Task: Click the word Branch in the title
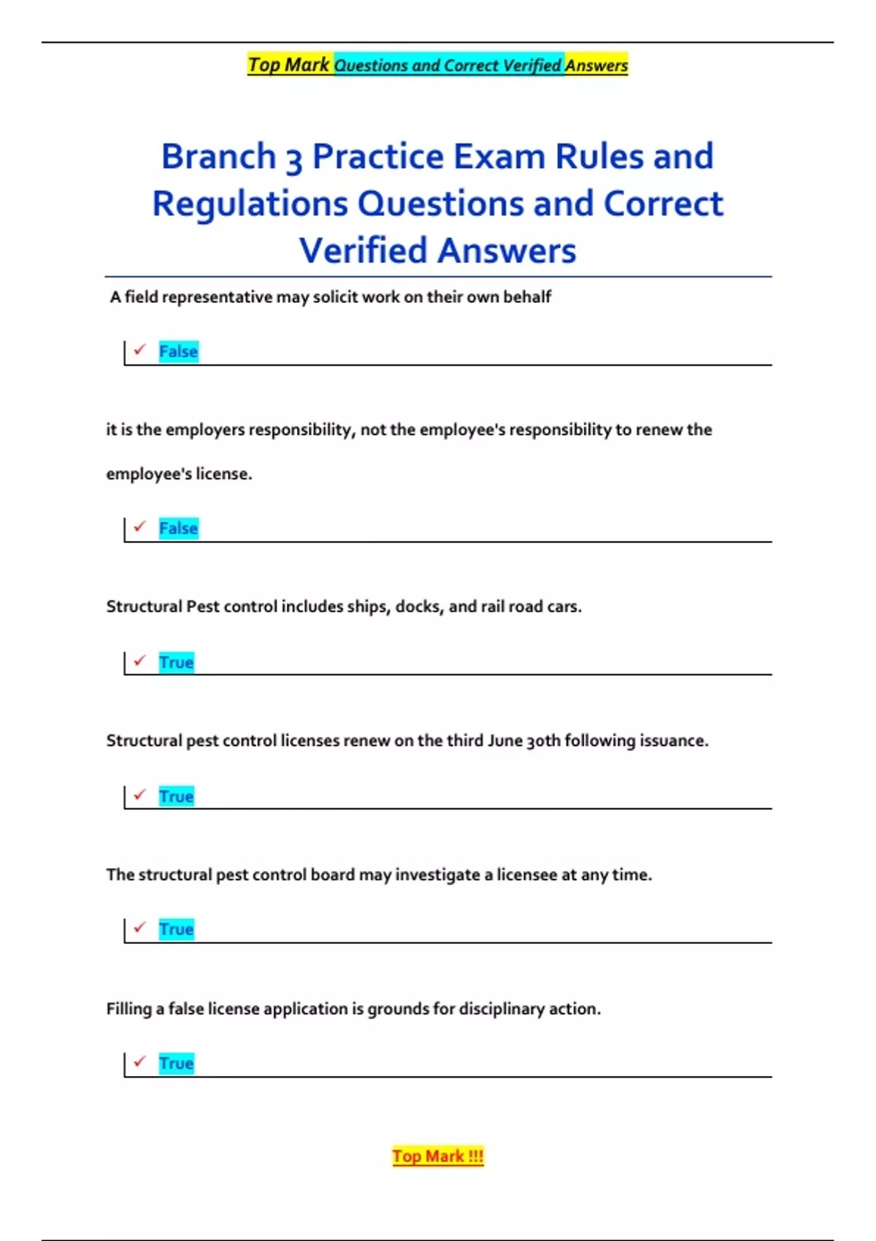point(218,157)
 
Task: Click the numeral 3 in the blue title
point(293,158)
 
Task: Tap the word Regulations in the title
point(250,204)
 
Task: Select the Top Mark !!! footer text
point(438,1156)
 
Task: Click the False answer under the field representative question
point(178,352)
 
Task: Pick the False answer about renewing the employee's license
point(178,529)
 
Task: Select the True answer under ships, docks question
point(177,663)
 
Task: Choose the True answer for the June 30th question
point(177,796)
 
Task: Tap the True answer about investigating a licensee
point(177,929)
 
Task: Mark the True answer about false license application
point(177,1064)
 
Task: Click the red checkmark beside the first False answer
point(140,350)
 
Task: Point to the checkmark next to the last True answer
point(140,1061)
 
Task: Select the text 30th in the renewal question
point(543,741)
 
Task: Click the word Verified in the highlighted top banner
point(532,66)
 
